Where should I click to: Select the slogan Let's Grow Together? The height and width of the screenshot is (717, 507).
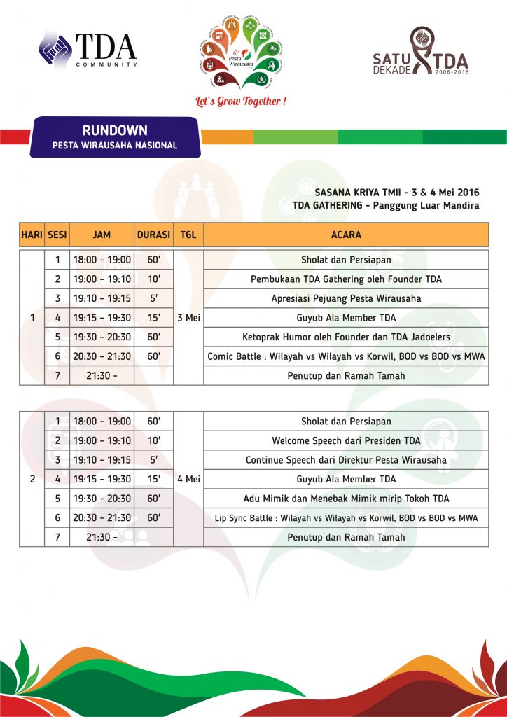click(241, 102)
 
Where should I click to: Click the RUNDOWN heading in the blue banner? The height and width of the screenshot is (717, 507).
click(115, 130)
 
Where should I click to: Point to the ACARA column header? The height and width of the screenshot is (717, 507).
click(346, 235)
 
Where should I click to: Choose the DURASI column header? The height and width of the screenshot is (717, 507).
click(153, 235)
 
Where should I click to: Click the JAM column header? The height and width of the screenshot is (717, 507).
click(102, 235)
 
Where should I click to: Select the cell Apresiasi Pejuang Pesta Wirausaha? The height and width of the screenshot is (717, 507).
click(346, 298)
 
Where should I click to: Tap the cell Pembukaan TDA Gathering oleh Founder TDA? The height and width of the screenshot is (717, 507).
click(346, 279)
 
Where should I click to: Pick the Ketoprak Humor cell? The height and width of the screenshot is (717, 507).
click(346, 337)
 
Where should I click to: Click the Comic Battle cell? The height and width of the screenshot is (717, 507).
click(346, 356)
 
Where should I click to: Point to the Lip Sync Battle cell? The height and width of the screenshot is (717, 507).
click(346, 517)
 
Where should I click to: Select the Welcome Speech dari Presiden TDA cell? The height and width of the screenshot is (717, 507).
click(346, 440)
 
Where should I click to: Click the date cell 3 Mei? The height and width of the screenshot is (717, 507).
click(188, 318)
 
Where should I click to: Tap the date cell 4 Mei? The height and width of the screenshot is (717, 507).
click(188, 479)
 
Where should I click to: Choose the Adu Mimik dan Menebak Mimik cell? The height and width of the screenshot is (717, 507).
click(346, 499)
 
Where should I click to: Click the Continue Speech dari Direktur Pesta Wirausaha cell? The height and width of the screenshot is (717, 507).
click(346, 460)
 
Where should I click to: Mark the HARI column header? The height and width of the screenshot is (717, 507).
click(32, 235)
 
